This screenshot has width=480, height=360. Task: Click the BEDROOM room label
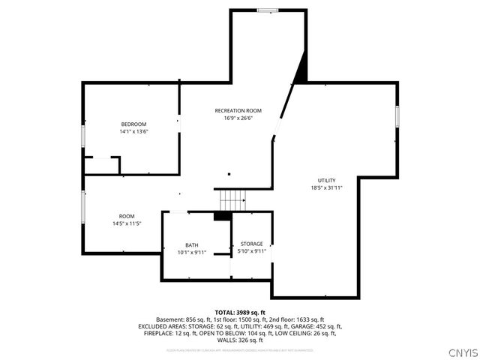tap(133, 124)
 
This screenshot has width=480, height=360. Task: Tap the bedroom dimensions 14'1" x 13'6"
tap(133, 131)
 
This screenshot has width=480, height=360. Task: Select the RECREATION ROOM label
tap(238, 110)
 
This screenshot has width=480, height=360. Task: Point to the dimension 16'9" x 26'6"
tap(238, 118)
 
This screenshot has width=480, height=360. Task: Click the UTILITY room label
tap(326, 180)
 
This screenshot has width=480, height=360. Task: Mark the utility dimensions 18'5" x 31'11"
tap(326, 187)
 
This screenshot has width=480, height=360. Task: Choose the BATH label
tap(192, 245)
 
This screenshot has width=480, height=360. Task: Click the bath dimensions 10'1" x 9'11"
tap(192, 253)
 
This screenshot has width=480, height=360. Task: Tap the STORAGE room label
tap(252, 244)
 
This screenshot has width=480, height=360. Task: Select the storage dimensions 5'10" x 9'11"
tap(252, 251)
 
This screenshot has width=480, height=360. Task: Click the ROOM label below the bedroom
tap(127, 216)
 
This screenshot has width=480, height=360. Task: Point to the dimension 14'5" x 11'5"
tap(127, 223)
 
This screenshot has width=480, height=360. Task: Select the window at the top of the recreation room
tap(267, 10)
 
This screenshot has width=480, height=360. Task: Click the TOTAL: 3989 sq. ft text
tap(239, 312)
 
